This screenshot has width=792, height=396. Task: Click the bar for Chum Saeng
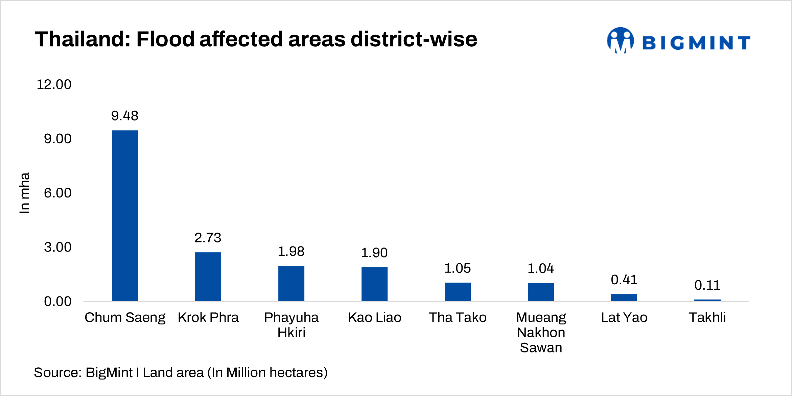tap(125, 216)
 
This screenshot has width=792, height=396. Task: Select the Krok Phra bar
tap(208, 276)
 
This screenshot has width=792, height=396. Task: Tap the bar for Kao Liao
tap(374, 284)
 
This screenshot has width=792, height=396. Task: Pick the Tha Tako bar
tap(458, 292)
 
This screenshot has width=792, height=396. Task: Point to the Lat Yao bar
tap(624, 297)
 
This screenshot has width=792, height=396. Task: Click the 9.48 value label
tap(125, 116)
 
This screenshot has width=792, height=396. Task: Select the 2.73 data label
tap(208, 238)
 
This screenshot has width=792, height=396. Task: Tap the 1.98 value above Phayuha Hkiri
tap(291, 251)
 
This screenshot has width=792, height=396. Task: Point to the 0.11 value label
tap(707, 285)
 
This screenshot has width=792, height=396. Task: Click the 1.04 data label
tap(541, 268)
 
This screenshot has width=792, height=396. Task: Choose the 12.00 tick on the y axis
tap(54, 84)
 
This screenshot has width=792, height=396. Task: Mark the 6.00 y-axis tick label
tap(57, 193)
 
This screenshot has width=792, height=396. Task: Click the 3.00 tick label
tap(57, 247)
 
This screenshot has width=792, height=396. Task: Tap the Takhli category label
tap(707, 317)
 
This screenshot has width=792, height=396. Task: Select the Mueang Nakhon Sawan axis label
tap(541, 332)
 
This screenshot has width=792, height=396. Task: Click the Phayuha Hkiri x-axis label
tap(291, 325)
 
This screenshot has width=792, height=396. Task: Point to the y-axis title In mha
tap(25, 193)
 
